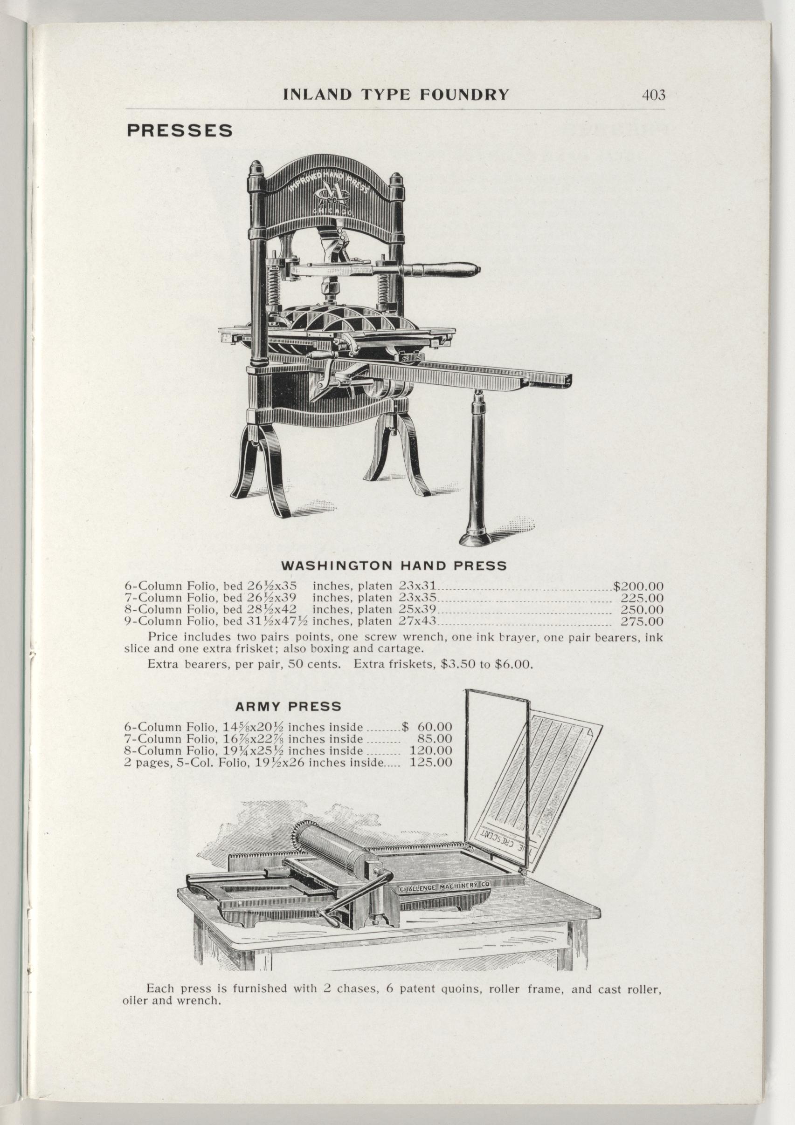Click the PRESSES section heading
tap(180, 131)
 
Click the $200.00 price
tap(638, 586)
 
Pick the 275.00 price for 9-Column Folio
tap(642, 622)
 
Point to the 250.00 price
tap(642, 609)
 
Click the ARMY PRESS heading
tap(288, 707)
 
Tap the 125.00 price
tap(430, 763)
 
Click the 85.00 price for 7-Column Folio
tap(435, 739)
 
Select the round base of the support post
tap(475, 538)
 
